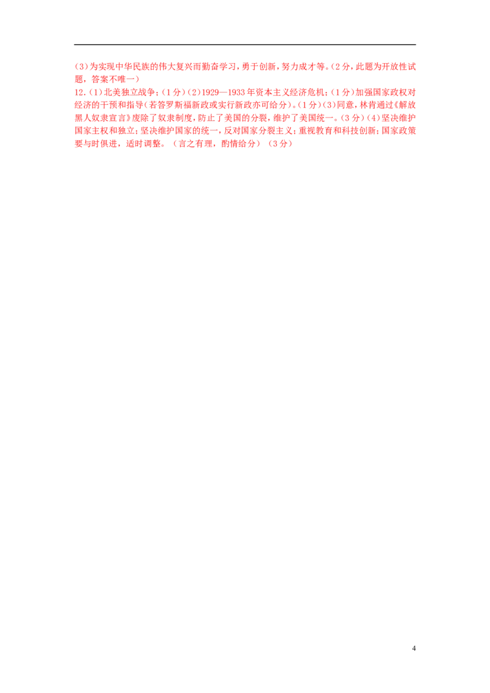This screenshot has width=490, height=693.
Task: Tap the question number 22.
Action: pos(77,92)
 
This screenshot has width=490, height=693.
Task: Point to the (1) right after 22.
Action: pos(92,92)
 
